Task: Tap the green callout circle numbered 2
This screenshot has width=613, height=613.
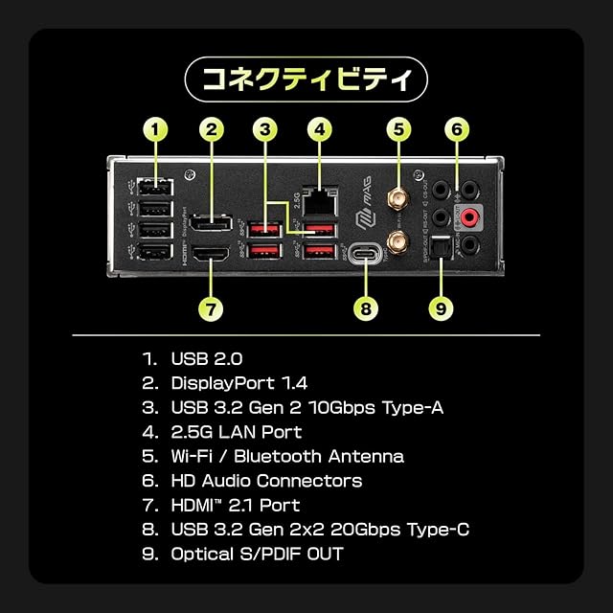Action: tap(213, 128)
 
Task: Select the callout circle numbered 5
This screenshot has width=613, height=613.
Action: tap(399, 128)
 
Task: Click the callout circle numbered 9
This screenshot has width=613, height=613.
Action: tap(441, 308)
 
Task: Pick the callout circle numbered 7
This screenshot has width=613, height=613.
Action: tap(213, 308)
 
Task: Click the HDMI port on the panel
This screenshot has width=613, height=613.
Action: tap(213, 255)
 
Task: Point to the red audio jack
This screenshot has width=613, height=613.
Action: tap(470, 218)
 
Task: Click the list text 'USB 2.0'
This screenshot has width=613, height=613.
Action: tap(207, 360)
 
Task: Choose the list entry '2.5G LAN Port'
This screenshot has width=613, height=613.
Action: tap(237, 432)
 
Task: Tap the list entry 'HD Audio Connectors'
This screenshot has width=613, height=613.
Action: tap(266, 481)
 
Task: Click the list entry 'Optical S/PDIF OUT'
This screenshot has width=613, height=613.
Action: tap(257, 554)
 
